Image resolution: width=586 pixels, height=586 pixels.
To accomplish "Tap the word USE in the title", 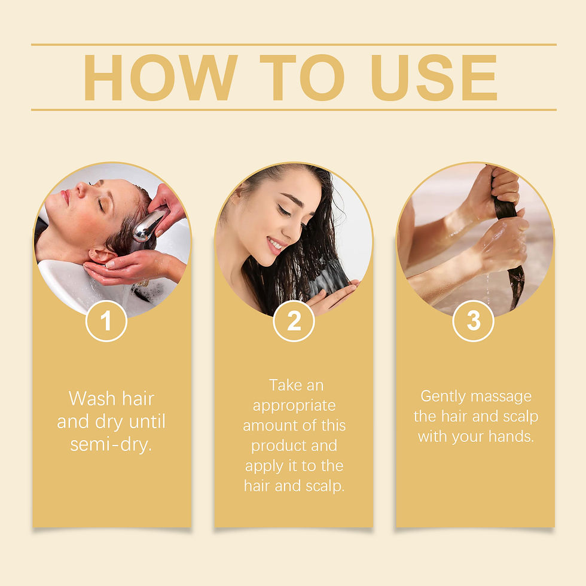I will tap(434, 78).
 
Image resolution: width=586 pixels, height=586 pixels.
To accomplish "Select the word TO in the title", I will tap(303, 78).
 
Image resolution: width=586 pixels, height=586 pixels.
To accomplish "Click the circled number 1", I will tap(106, 321).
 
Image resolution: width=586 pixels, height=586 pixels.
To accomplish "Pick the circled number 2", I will tap(294, 321).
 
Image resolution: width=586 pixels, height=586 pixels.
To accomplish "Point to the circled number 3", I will tap(473, 321).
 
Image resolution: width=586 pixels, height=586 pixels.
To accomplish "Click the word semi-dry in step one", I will tap(111, 444).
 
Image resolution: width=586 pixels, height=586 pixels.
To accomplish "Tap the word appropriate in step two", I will tap(294, 405).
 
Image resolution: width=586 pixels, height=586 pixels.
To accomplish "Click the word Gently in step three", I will tap(443, 396).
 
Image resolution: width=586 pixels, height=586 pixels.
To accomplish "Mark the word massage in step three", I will tap(502, 396).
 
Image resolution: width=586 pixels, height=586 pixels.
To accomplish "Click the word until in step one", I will tap(144, 422).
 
